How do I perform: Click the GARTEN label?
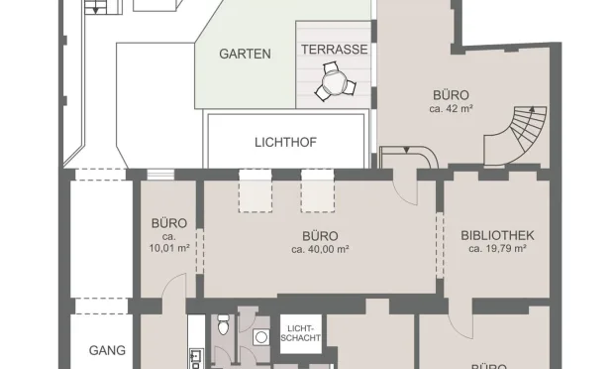(x=245, y=55)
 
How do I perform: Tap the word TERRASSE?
(x=334, y=49)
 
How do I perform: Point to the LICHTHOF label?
(x=284, y=142)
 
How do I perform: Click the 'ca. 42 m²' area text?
(x=452, y=109)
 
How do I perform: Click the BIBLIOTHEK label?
(x=497, y=235)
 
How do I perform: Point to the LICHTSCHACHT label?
(x=300, y=334)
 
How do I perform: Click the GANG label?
(x=106, y=350)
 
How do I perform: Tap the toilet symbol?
(x=224, y=325)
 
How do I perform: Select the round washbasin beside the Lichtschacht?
(x=261, y=337)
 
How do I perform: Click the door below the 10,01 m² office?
(x=172, y=291)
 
